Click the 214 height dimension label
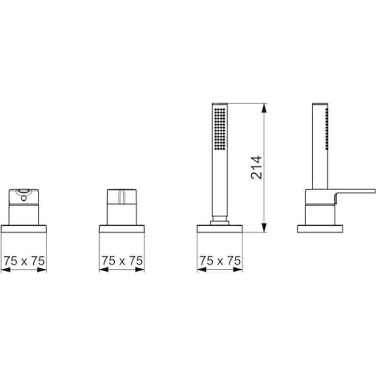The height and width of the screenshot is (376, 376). [256, 168]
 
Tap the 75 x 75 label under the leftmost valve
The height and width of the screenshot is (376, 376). [24, 261]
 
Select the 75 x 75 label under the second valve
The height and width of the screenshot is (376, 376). [122, 261]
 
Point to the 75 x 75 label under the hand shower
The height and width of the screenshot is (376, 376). [220, 261]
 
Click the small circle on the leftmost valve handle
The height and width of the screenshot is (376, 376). [24, 198]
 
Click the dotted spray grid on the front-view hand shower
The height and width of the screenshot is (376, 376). [220, 129]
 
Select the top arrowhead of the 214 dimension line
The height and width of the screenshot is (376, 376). [264, 108]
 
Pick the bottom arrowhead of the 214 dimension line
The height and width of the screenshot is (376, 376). [264, 227]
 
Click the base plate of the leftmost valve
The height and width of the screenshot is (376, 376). [24, 229]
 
